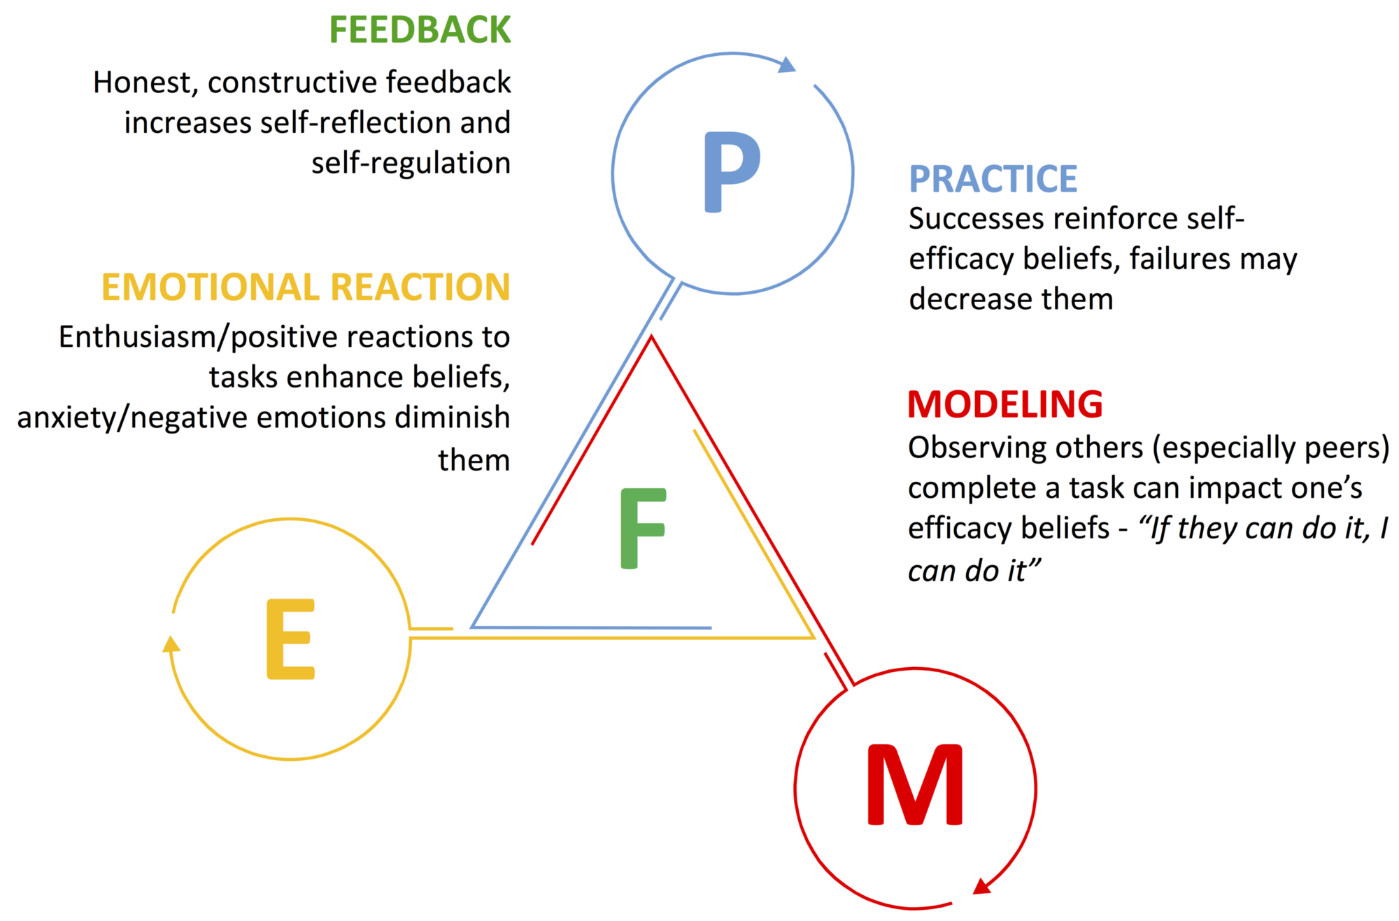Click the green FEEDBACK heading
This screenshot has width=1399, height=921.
pos(420,31)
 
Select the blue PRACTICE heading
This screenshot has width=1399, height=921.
pos(993,179)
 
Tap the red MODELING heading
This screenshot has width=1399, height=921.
pos(1004,404)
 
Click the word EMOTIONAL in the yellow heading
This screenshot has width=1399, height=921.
pos(210,287)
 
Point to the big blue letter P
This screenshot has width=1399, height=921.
pos(731,172)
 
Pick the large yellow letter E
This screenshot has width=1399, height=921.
pos(290,639)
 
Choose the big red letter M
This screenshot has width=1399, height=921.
pos(915,785)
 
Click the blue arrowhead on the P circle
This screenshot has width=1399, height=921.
pos(788,65)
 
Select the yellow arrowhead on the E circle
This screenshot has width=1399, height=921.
pos(171,644)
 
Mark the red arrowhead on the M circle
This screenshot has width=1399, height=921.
pos(982,887)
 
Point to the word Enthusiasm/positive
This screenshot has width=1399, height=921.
pos(178,337)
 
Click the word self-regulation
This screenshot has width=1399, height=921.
pos(411,163)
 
